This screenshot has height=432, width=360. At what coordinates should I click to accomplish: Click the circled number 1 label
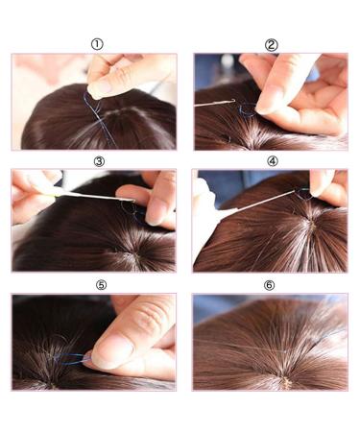[97, 44]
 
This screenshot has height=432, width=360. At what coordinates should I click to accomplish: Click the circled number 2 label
[272, 45]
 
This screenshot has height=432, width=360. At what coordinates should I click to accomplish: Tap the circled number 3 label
[99, 161]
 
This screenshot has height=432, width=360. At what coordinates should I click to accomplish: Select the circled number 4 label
[273, 161]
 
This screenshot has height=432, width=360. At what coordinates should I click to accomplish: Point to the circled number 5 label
[101, 285]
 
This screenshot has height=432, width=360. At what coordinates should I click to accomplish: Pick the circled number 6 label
[270, 285]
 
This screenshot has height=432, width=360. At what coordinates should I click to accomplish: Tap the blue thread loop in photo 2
[248, 109]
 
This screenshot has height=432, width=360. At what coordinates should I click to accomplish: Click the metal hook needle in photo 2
[214, 103]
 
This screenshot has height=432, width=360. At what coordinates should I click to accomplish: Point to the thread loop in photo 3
[131, 209]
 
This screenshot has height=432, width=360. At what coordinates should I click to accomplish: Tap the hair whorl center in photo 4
[312, 224]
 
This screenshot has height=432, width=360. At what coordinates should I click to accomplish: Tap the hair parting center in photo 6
[286, 381]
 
